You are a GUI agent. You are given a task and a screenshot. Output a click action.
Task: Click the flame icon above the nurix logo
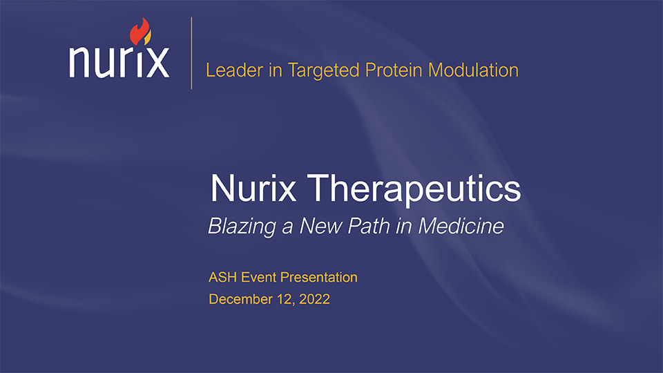pos(140,31)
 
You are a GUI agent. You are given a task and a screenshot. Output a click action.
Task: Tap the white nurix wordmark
pos(119,61)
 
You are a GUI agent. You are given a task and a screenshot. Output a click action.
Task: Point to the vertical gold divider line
pos(191,53)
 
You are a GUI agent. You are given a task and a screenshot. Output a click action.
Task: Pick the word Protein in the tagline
pos(394,70)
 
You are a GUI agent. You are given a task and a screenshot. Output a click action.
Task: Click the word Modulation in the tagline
pos(473,70)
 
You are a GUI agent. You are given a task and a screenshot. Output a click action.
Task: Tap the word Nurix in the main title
pos(253,188)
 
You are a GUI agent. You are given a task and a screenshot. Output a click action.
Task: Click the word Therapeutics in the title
pos(414,189)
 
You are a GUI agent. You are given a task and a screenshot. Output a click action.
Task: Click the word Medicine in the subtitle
pos(461,226)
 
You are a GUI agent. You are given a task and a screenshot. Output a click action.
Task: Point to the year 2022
pos(315,299)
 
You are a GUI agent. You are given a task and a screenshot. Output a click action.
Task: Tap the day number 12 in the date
pos(286,300)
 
